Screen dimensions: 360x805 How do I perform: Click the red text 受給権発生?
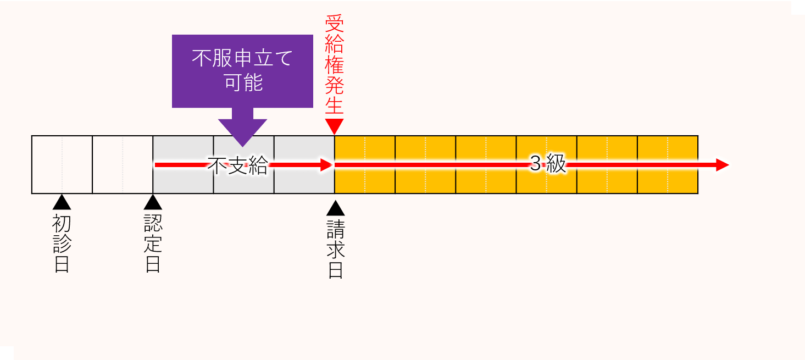[x=334, y=65]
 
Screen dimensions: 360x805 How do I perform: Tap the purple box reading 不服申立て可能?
[x=242, y=71]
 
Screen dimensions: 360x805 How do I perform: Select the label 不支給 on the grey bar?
[x=237, y=165]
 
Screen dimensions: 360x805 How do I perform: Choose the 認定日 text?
[x=152, y=243]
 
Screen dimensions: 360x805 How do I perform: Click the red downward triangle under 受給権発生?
[x=334, y=126]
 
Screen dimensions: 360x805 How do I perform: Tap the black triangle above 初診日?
[x=62, y=203]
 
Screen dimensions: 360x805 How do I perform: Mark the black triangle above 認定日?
[x=152, y=203]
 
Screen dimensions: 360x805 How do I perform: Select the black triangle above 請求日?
[x=335, y=208]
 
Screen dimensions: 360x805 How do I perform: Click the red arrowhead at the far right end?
[x=722, y=165]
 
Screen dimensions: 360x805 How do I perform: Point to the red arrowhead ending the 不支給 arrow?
[x=326, y=165]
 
